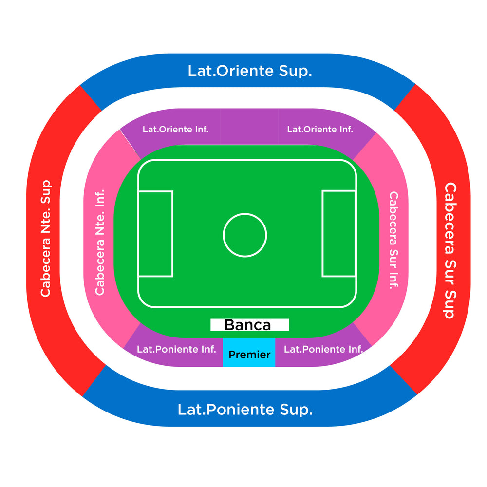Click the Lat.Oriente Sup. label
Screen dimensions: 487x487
(x=250, y=71)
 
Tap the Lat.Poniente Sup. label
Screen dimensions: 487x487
(x=245, y=410)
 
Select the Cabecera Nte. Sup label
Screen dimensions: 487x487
(x=46, y=238)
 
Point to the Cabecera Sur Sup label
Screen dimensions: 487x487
(x=450, y=250)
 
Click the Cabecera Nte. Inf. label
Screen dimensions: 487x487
(x=100, y=242)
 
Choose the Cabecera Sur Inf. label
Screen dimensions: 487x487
(x=393, y=241)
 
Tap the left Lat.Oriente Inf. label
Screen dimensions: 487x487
(x=175, y=129)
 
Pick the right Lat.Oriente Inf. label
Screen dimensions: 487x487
(x=320, y=129)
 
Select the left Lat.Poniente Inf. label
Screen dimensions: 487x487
(x=176, y=349)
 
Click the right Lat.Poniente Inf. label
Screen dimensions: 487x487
(x=323, y=349)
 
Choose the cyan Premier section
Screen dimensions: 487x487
(x=249, y=352)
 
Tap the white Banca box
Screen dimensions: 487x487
(x=250, y=325)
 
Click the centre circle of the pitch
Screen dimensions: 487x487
(x=245, y=235)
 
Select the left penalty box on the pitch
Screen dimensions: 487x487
(x=156, y=234)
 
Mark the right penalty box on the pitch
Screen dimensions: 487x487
(x=339, y=234)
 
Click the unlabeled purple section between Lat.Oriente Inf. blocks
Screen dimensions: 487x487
(x=249, y=127)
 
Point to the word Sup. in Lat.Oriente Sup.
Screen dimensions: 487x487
(x=296, y=71)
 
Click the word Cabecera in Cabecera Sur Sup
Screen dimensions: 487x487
(x=450, y=217)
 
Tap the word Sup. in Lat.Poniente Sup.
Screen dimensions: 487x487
(x=296, y=410)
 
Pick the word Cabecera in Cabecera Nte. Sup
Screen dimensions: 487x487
(x=46, y=267)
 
